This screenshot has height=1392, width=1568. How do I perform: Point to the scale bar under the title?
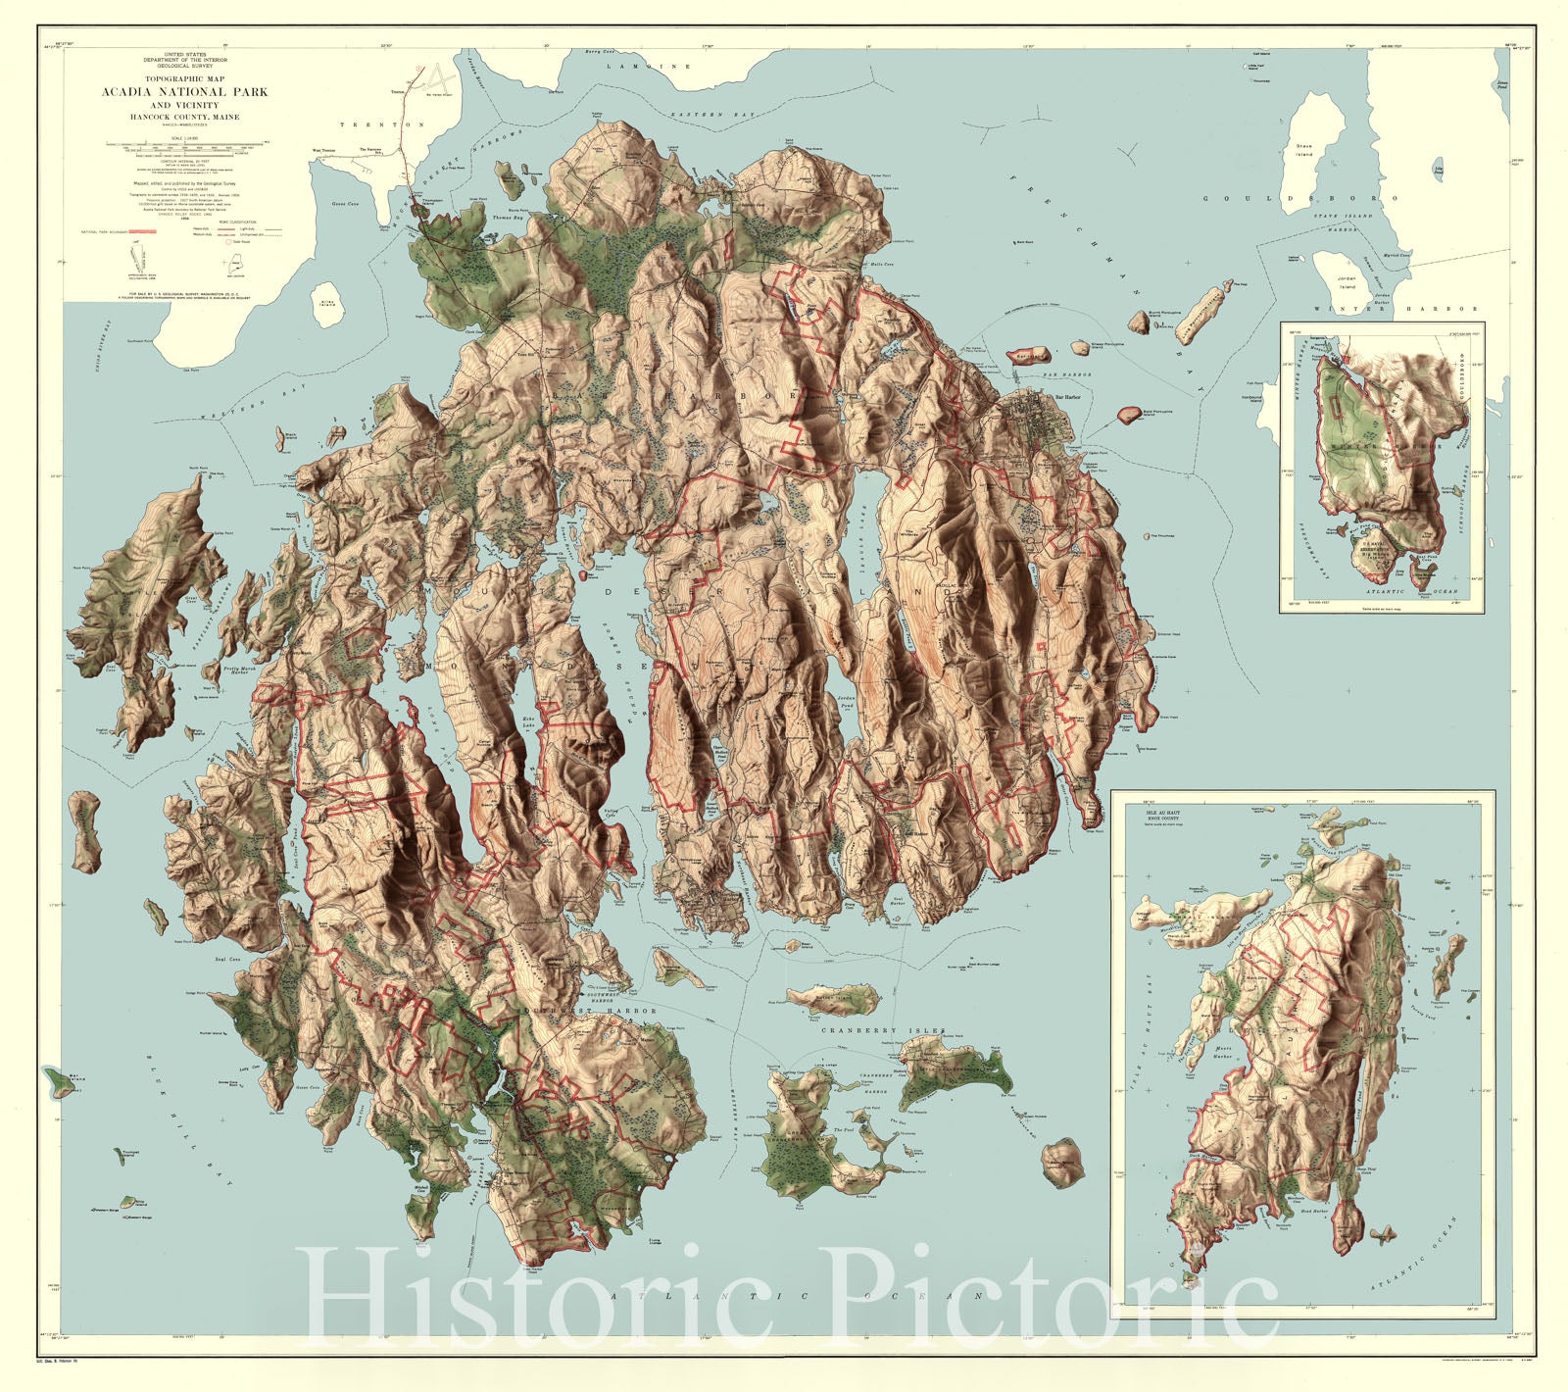click(185, 144)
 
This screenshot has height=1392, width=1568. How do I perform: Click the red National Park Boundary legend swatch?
click(143, 231)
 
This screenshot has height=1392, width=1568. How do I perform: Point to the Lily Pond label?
click(1439, 171)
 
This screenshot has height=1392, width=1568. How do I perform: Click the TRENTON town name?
click(382, 124)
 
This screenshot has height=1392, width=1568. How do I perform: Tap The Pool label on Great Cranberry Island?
click(844, 1130)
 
